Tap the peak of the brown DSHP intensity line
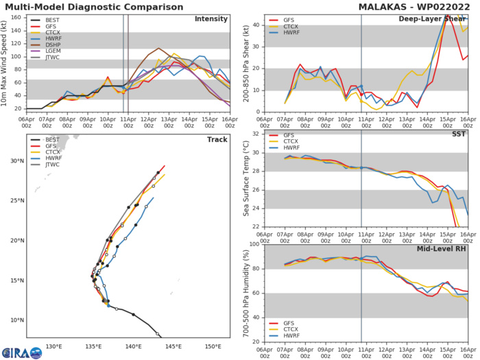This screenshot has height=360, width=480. (x=158, y=48)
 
